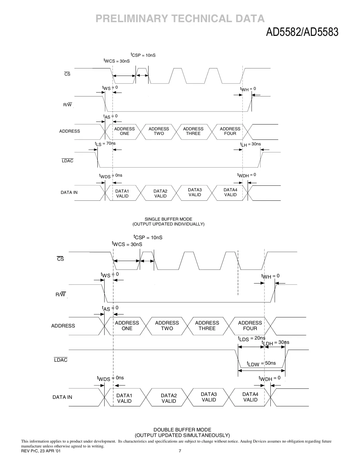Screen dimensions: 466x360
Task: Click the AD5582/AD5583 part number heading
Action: tap(302, 32)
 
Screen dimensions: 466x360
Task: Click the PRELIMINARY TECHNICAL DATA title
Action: tap(180, 19)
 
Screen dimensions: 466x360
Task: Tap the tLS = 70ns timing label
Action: tap(105, 144)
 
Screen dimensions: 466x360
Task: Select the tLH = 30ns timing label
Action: tap(251, 144)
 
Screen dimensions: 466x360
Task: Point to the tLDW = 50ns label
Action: tap(261, 364)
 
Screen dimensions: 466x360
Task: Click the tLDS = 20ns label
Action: tap(252, 339)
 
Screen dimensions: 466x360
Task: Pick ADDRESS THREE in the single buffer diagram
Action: tap(193, 131)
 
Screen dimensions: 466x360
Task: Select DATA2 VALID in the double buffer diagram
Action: tap(169, 398)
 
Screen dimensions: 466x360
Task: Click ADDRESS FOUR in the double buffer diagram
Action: tap(250, 326)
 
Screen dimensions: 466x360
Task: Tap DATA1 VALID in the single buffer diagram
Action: tap(122, 194)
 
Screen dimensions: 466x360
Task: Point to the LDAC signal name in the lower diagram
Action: tap(61, 360)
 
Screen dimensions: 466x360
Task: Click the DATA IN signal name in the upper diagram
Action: tap(69, 193)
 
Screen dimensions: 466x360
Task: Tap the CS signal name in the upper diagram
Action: tap(67, 74)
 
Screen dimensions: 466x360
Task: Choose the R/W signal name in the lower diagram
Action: tap(61, 295)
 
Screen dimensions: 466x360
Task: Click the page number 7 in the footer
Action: tap(180, 451)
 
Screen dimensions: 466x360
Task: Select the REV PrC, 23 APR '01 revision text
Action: tap(41, 451)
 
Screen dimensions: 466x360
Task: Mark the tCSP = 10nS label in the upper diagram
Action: tap(143, 55)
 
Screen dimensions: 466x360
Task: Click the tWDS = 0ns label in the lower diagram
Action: tap(110, 378)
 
